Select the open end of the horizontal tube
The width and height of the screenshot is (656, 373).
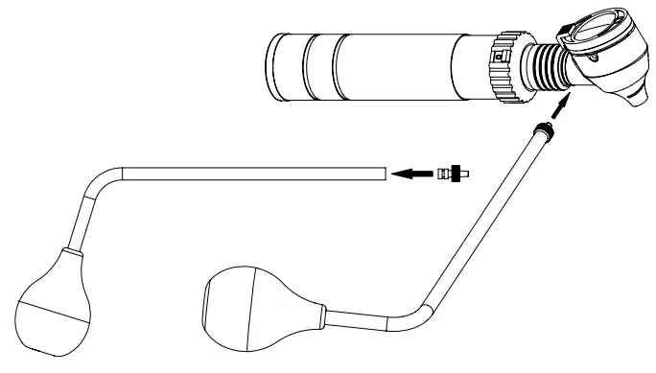(x=383, y=174)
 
